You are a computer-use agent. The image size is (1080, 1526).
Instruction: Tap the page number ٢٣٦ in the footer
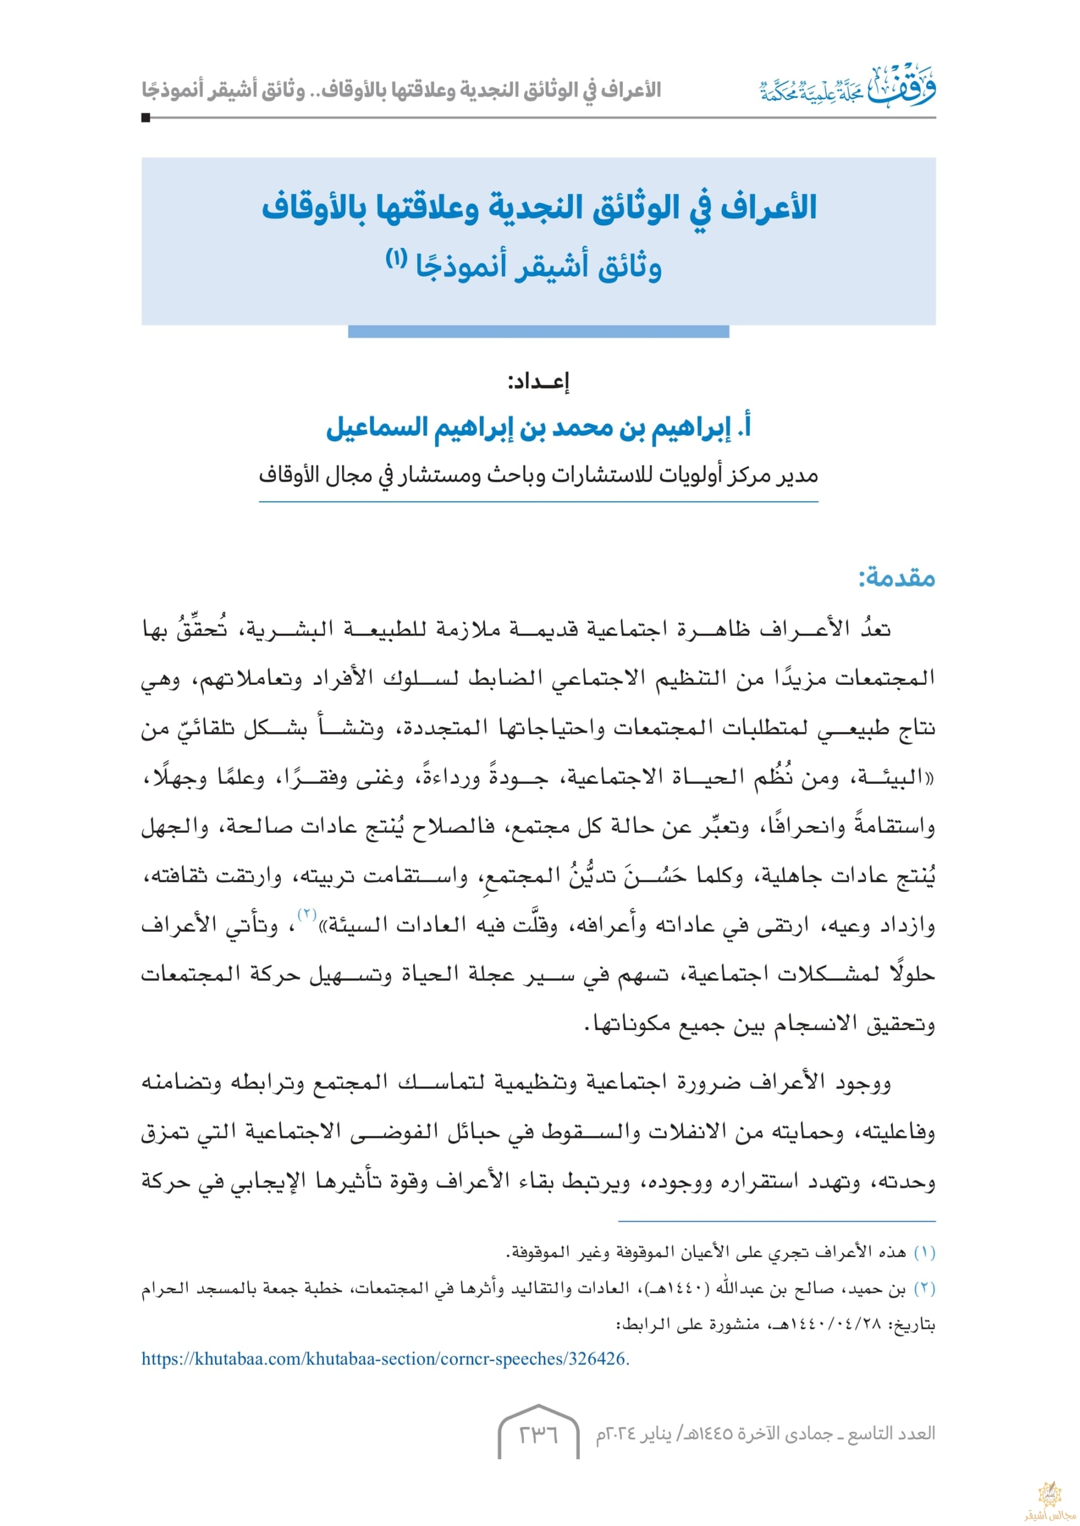click(x=538, y=1434)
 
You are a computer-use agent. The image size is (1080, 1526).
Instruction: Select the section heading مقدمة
click(x=897, y=577)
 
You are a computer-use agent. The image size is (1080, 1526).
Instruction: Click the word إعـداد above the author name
click(x=539, y=381)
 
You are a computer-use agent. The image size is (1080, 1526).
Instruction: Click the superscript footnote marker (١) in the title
click(x=396, y=259)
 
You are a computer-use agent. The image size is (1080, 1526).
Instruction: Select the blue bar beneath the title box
click(x=538, y=331)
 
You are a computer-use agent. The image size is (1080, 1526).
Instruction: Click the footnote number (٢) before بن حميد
click(x=924, y=1289)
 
